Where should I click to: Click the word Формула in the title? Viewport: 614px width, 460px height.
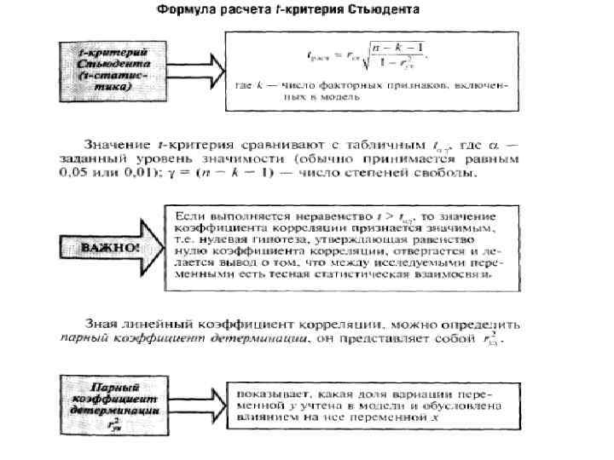185,12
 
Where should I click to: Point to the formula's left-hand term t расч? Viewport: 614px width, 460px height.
318,55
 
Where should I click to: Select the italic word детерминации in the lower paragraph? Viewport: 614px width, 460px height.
269,340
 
